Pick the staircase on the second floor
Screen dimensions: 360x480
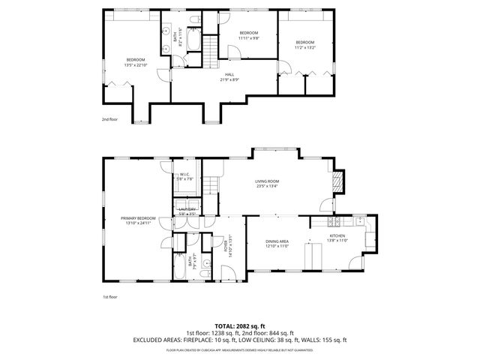pyautogui.click(x=211, y=49)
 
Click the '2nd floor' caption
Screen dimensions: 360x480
pyautogui.click(x=109, y=119)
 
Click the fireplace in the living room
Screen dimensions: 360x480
pyautogui.click(x=338, y=181)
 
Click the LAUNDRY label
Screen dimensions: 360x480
pyautogui.click(x=187, y=211)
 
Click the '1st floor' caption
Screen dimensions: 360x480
pyautogui.click(x=109, y=297)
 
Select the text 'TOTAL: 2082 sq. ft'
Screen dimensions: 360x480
pyautogui.click(x=240, y=326)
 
